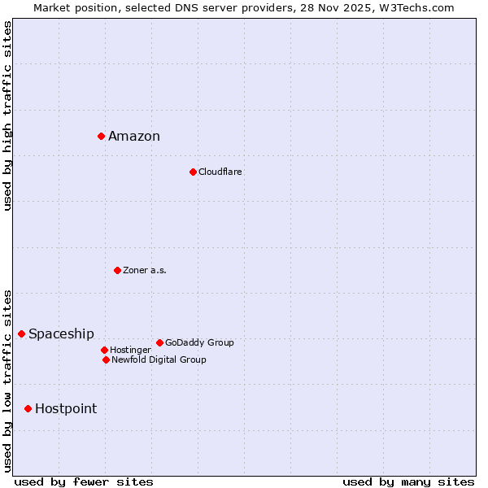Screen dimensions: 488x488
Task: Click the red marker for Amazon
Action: pos(101,136)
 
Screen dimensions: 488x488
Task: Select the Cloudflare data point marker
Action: pos(193,172)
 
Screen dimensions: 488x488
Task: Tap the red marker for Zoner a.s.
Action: pos(117,270)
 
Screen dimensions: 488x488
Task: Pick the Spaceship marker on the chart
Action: pos(21,333)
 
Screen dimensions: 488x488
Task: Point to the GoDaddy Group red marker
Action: pos(159,342)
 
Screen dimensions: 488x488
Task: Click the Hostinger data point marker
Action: pos(104,350)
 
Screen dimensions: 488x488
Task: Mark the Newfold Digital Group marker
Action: pos(106,359)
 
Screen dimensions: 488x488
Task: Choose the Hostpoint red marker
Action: pos(28,408)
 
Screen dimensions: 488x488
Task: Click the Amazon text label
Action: pos(134,137)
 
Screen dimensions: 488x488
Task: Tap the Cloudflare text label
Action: pos(220,172)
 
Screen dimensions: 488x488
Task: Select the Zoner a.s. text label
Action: pos(145,270)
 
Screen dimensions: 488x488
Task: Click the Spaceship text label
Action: pos(61,334)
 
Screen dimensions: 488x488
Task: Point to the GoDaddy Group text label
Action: pos(199,342)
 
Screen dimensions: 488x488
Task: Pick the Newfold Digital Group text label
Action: pos(159,359)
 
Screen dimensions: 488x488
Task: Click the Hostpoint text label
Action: pos(66,409)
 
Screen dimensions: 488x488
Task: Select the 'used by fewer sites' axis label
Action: pos(84,481)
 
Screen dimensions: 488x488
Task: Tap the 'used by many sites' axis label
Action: pos(408,481)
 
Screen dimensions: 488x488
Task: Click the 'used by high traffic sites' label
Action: pos(7,115)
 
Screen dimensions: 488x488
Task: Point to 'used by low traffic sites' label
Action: pos(7,381)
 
